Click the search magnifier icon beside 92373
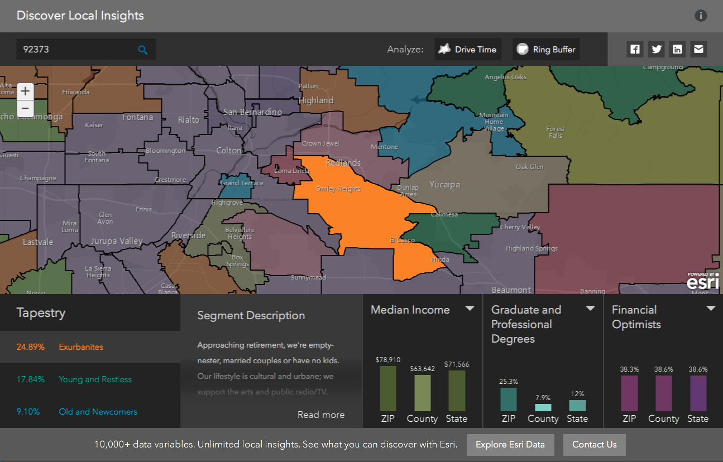pyautogui.click(x=143, y=50)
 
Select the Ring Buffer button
pyautogui.click(x=546, y=49)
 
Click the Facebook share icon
pyautogui.click(x=635, y=49)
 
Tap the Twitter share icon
pyautogui.click(x=657, y=49)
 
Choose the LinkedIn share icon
pyautogui.click(x=677, y=49)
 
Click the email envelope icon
pyautogui.click(x=698, y=49)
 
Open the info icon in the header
pyautogui.click(x=701, y=16)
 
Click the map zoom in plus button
pyautogui.click(x=25, y=92)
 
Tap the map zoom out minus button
pyautogui.click(x=25, y=108)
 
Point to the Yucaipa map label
pyautogui.click(x=445, y=185)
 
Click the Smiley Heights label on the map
pyautogui.click(x=338, y=189)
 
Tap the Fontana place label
pyautogui.click(x=137, y=117)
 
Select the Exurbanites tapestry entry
pyautogui.click(x=81, y=347)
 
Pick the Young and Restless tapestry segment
pyautogui.click(x=95, y=379)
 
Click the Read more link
pyautogui.click(x=321, y=415)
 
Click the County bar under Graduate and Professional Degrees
pyautogui.click(x=543, y=407)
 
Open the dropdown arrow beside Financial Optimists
pyautogui.click(x=711, y=309)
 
